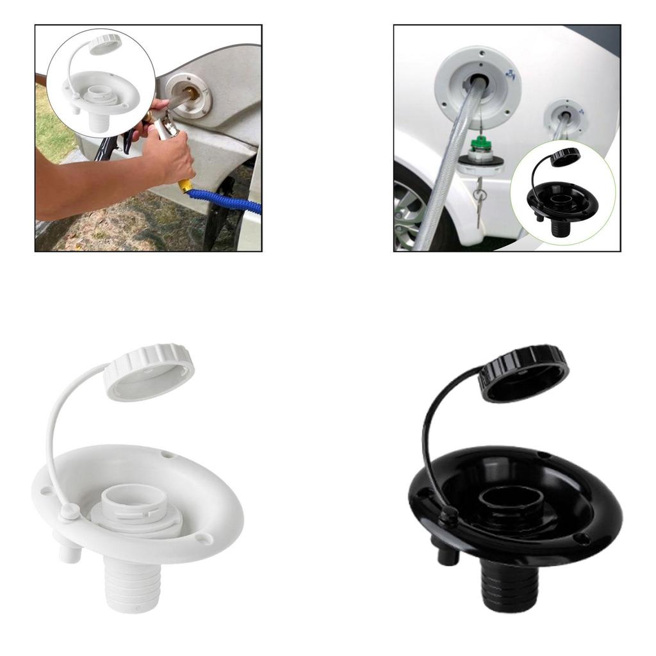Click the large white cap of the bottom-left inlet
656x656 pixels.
pyautogui.click(x=149, y=372)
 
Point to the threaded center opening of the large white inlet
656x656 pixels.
pyautogui.click(x=136, y=500)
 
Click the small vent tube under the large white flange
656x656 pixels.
pyautogui.click(x=70, y=550)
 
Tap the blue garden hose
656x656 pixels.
pyautogui.click(x=224, y=201)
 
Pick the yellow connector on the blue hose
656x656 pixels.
pyautogui.click(x=186, y=186)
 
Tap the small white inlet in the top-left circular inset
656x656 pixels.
pyautogui.click(x=101, y=90)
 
